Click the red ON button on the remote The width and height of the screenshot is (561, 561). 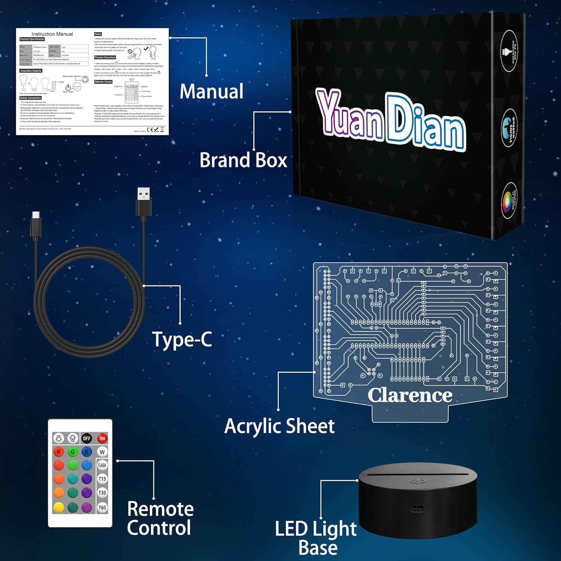click(x=102, y=438)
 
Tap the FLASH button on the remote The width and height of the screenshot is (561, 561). click(x=102, y=465)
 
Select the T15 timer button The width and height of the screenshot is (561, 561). click(x=102, y=479)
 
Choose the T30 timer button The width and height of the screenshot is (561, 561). click(x=102, y=493)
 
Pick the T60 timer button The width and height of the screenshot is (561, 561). click(x=102, y=508)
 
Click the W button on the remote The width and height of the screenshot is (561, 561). click(x=102, y=452)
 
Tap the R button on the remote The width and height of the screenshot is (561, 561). click(x=59, y=452)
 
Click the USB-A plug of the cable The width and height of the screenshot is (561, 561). click(x=144, y=202)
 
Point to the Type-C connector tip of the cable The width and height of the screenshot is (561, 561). click(x=36, y=215)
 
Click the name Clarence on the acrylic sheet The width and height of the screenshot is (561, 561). click(x=410, y=395)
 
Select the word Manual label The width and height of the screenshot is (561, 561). click(x=211, y=92)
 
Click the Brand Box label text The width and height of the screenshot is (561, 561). click(x=243, y=160)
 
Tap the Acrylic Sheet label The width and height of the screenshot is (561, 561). click(x=279, y=426)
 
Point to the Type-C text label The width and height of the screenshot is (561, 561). click(x=182, y=340)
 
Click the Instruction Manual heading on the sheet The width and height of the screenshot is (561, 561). click(x=52, y=34)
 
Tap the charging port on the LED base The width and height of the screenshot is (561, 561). click(x=417, y=508)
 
